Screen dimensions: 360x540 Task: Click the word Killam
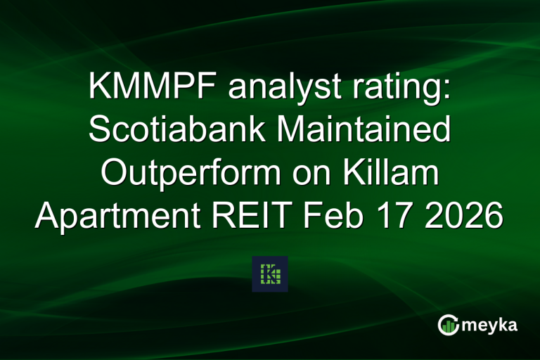coord(388,174)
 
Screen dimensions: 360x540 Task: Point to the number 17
coord(397,216)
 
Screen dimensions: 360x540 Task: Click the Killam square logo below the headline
coord(270,274)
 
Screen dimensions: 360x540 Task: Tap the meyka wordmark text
coord(491,325)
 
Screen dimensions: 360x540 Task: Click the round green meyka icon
coord(448,325)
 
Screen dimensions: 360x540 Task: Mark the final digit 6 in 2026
coord(493,216)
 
